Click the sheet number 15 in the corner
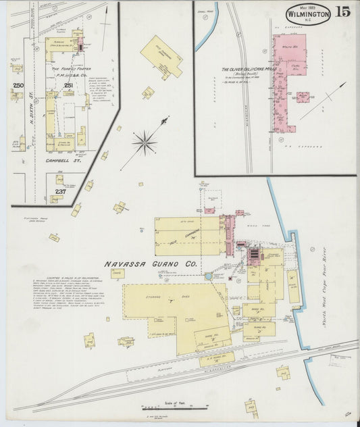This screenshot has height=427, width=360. click(x=344, y=12)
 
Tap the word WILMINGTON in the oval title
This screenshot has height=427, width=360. click(x=308, y=13)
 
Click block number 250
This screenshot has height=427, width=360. click(x=18, y=85)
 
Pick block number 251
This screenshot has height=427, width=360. click(x=68, y=86)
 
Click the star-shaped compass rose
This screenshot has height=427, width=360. click(x=145, y=143)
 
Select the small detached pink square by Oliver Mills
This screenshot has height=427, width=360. click(x=303, y=97)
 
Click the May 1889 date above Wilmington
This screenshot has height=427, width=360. click(x=308, y=6)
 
